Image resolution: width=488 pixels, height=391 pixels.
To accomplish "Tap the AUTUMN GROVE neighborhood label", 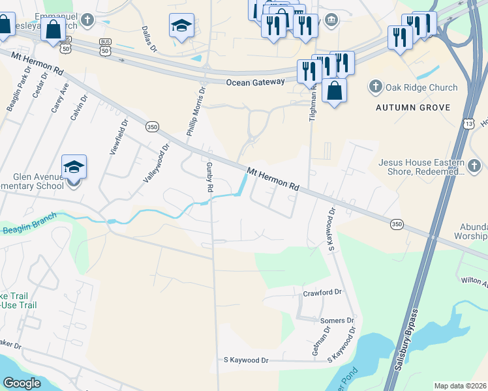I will click(x=413, y=107).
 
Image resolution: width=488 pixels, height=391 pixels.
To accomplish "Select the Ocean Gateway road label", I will click(x=256, y=82).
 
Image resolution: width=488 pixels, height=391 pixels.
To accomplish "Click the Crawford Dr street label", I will click(x=322, y=293).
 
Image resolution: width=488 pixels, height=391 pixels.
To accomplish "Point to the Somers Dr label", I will click(x=337, y=321).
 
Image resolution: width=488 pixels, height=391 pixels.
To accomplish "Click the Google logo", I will click(x=22, y=383).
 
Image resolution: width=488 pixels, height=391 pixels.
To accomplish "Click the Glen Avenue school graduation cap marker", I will click(x=74, y=167).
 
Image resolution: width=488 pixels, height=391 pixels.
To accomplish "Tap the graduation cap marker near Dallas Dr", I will click(x=181, y=25).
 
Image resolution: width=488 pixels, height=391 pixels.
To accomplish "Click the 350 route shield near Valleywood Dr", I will click(x=152, y=126).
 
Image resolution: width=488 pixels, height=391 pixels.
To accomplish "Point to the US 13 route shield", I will click(x=469, y=123).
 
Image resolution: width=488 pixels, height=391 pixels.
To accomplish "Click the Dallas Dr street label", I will click(x=149, y=39).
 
